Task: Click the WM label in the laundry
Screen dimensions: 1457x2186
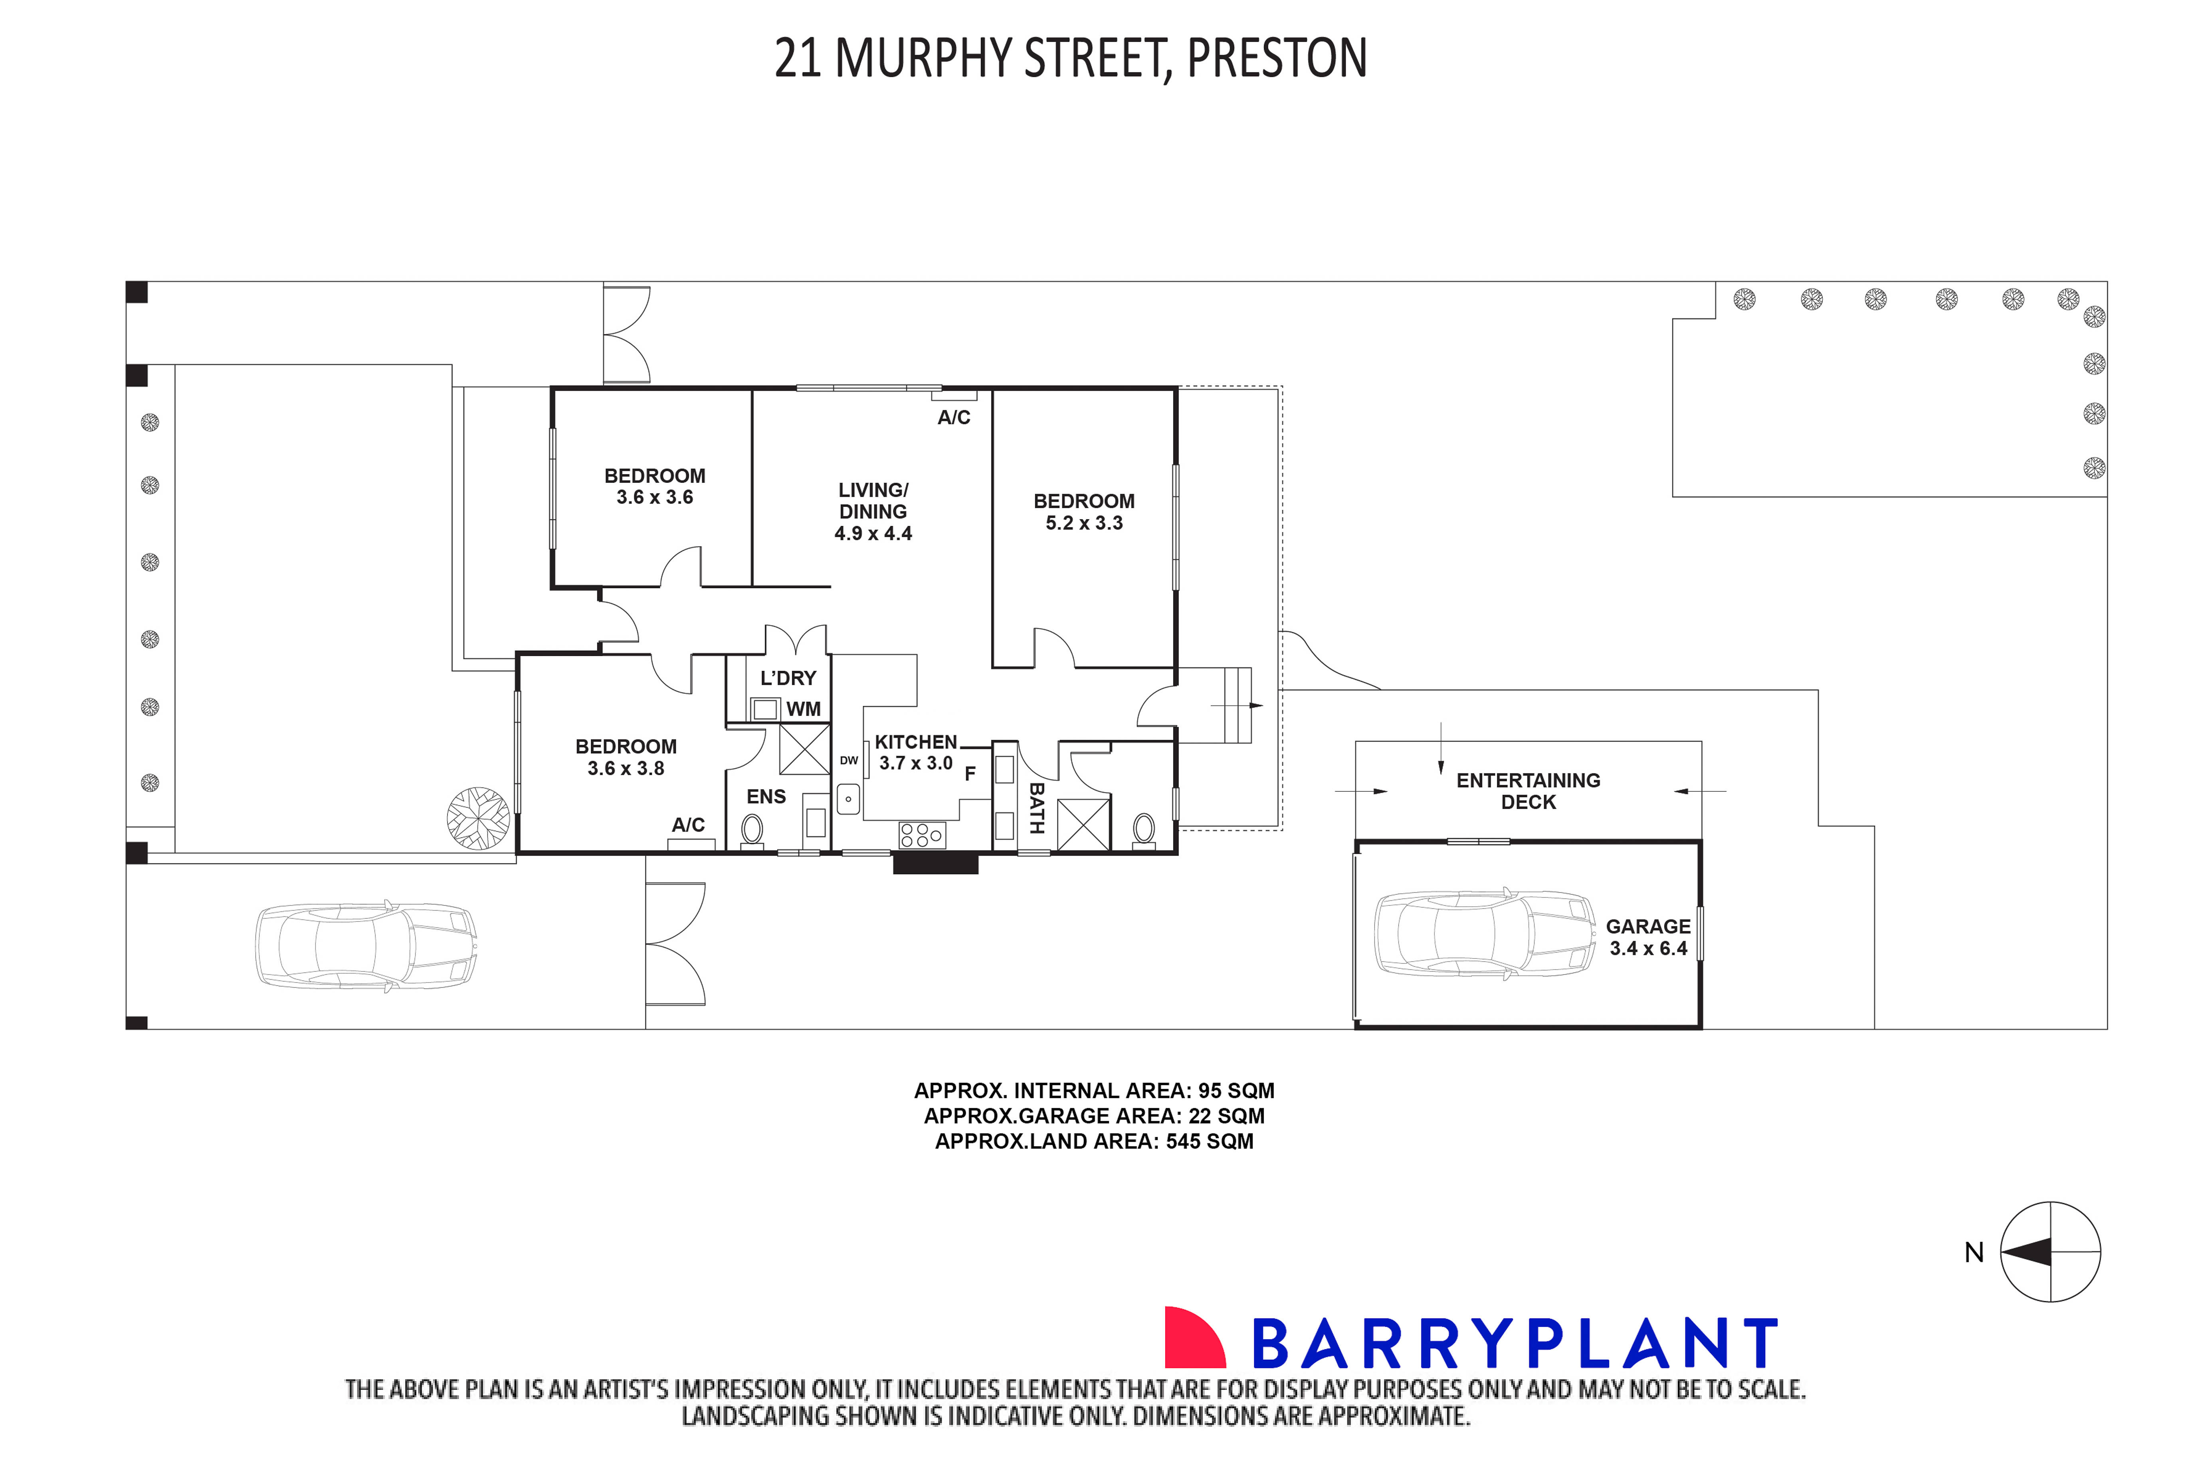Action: [x=803, y=709]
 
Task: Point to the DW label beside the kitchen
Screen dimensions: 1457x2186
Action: [x=849, y=760]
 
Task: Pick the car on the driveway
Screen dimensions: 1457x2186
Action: [x=366, y=944]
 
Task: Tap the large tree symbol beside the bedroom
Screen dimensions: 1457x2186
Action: [x=479, y=818]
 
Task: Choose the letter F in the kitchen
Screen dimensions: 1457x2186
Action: [x=969, y=773]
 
